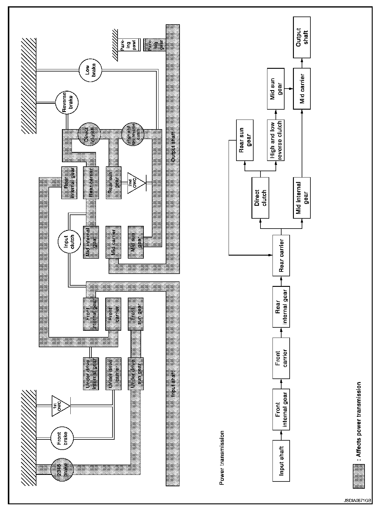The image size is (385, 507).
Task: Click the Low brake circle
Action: point(90,70)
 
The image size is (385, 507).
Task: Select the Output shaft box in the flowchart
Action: point(302,37)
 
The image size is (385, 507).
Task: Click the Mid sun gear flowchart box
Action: point(276,89)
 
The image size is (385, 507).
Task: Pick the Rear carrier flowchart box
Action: point(281,256)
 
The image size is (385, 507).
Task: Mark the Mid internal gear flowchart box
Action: point(302,198)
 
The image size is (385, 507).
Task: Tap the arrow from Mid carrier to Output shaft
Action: point(302,63)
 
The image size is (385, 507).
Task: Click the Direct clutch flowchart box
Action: point(260,198)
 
